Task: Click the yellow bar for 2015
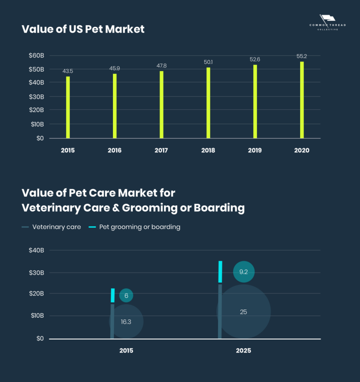coord(68,107)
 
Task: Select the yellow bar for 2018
coord(208,103)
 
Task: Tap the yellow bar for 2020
coord(302,100)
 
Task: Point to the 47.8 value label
coord(161,66)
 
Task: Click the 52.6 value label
coord(255,59)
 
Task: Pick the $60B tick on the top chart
coord(36,56)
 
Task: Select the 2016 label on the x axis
coord(115,151)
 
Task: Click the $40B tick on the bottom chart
coord(36,250)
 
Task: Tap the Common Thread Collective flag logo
coord(327,20)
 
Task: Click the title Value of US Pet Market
coord(83,29)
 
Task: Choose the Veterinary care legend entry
coord(51,227)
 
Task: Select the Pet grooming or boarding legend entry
coord(134,227)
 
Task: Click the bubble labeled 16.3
coord(126,322)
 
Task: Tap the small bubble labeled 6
coord(126,296)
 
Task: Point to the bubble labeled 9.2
coord(243,272)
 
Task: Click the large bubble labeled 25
coord(243,312)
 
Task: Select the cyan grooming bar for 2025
coord(220,272)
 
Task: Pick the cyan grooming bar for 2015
coord(113,295)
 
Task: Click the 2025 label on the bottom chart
coord(243,351)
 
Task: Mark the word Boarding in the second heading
coord(219,208)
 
